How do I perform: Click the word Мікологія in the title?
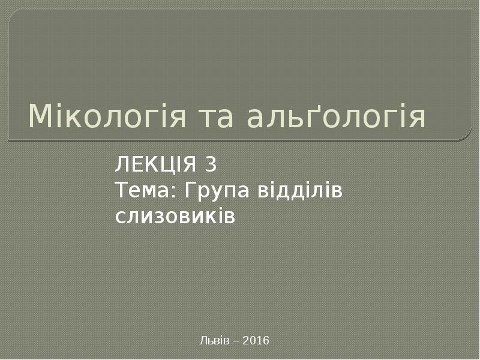pyautogui.click(x=108, y=117)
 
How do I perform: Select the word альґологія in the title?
pyautogui.click(x=337, y=117)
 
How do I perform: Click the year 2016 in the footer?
pyautogui.click(x=257, y=341)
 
